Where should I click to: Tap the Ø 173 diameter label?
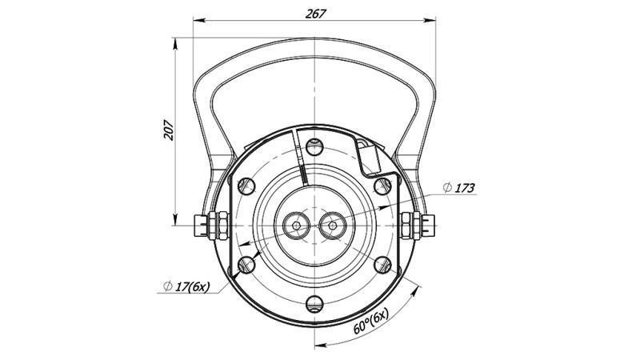(459, 188)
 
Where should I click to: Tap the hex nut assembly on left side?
(212, 225)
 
